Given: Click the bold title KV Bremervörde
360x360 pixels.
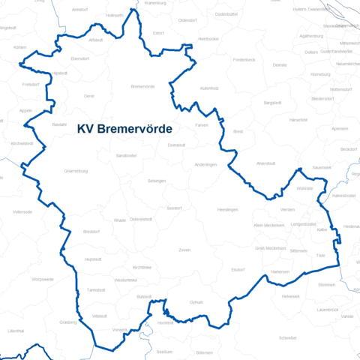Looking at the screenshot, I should pos(124,129).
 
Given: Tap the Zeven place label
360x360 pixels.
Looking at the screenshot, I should pos(184,249).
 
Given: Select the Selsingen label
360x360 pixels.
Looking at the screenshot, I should pos(157,181).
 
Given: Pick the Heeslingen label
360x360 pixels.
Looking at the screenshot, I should pos(227,209).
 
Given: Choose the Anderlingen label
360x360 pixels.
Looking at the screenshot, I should pos(205,164).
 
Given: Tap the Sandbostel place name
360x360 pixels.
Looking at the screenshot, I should pos(126,155).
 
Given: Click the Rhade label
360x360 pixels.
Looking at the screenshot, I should pos(120,220).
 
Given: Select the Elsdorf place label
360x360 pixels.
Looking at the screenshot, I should pos(238,269).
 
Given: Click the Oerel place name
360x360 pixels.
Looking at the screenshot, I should pos(89,97).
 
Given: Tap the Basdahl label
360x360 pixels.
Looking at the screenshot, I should pos(59,124).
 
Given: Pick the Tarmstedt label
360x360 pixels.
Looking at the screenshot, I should pos(96,289).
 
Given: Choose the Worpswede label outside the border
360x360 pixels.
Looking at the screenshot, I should pos(43,279).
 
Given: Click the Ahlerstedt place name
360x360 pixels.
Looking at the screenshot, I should pos(266,163).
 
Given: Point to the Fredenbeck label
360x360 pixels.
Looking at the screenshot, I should pos(244,58).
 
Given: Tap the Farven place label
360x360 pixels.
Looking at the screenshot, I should pos(201,124).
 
